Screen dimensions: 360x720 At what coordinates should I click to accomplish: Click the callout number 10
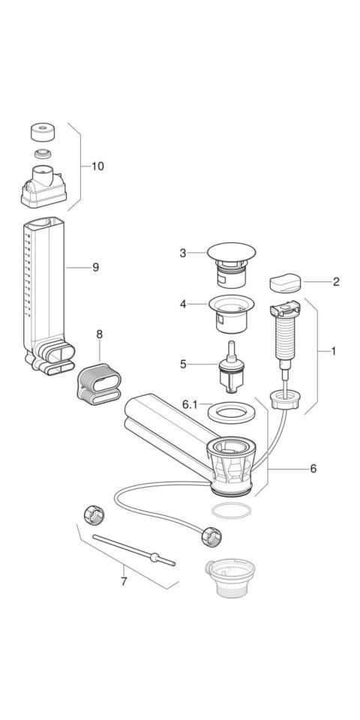(97, 166)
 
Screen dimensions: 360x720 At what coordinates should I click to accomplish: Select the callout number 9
(95, 267)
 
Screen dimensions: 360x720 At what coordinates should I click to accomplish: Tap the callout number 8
(99, 334)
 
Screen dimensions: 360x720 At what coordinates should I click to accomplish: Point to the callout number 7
(124, 581)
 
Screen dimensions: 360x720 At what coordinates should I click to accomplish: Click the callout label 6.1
(190, 404)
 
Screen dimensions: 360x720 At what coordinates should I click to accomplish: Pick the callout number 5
(183, 364)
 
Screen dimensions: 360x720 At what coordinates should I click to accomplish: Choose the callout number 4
(183, 304)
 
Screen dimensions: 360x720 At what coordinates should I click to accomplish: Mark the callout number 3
(183, 253)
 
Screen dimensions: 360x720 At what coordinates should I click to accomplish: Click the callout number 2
(336, 282)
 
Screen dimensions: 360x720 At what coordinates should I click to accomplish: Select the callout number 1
(333, 351)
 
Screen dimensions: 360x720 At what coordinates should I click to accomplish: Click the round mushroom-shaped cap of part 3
(232, 252)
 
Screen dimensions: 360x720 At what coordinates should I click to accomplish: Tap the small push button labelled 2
(285, 283)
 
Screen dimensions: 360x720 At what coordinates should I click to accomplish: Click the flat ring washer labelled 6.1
(232, 412)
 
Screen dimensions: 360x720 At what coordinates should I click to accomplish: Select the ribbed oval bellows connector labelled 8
(99, 385)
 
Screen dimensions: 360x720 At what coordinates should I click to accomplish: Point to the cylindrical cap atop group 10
(43, 132)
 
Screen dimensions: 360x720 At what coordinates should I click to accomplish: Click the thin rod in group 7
(134, 550)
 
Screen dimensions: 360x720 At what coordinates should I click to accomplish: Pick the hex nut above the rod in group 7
(94, 514)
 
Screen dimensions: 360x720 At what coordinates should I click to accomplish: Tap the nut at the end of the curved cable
(211, 536)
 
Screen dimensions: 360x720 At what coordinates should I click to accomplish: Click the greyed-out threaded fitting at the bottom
(230, 577)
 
